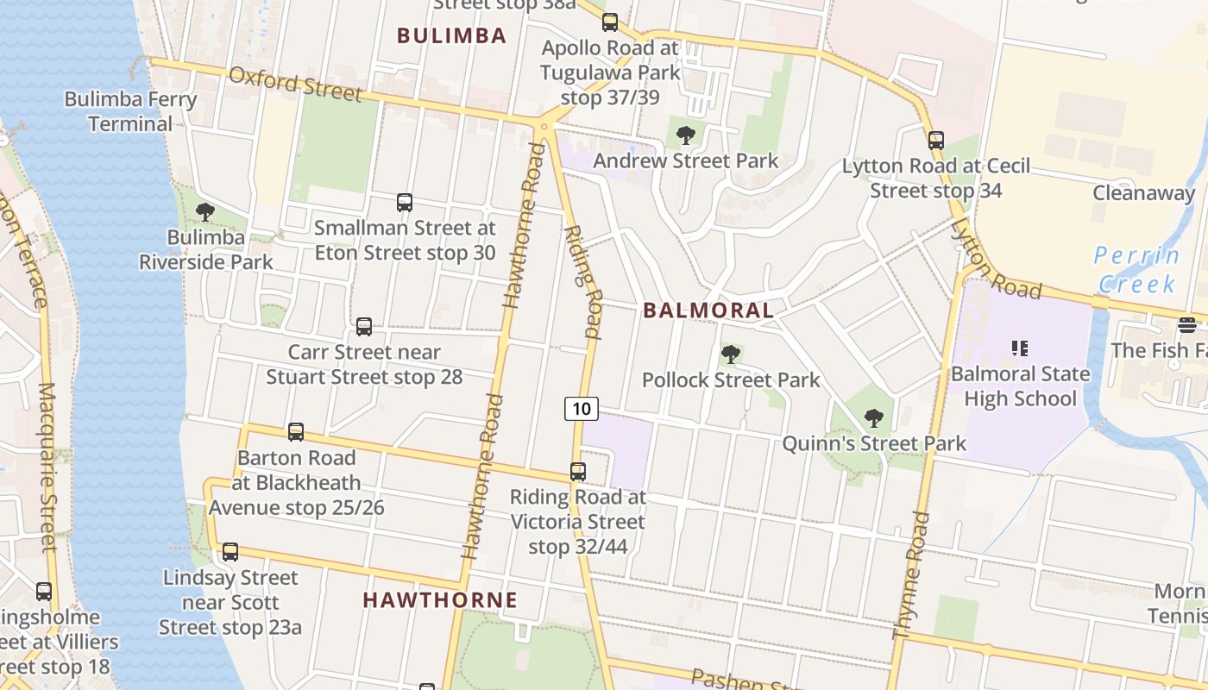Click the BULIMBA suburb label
(451, 35)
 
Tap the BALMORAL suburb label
(708, 310)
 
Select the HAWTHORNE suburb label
(440, 600)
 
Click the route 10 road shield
(582, 408)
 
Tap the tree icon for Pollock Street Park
(731, 354)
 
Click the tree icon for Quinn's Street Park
(873, 418)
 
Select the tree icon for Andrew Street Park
(686, 135)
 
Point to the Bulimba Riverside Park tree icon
(205, 211)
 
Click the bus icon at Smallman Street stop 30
(405, 203)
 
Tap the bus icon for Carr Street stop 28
(364, 327)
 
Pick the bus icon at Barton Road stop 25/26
(296, 432)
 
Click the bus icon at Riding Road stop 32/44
(578, 472)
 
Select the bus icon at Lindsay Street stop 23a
(230, 552)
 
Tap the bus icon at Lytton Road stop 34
(936, 140)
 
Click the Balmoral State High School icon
(1020, 348)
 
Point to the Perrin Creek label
(1136, 269)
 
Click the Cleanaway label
(1143, 192)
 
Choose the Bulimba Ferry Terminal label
(131, 111)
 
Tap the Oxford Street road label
(294, 84)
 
